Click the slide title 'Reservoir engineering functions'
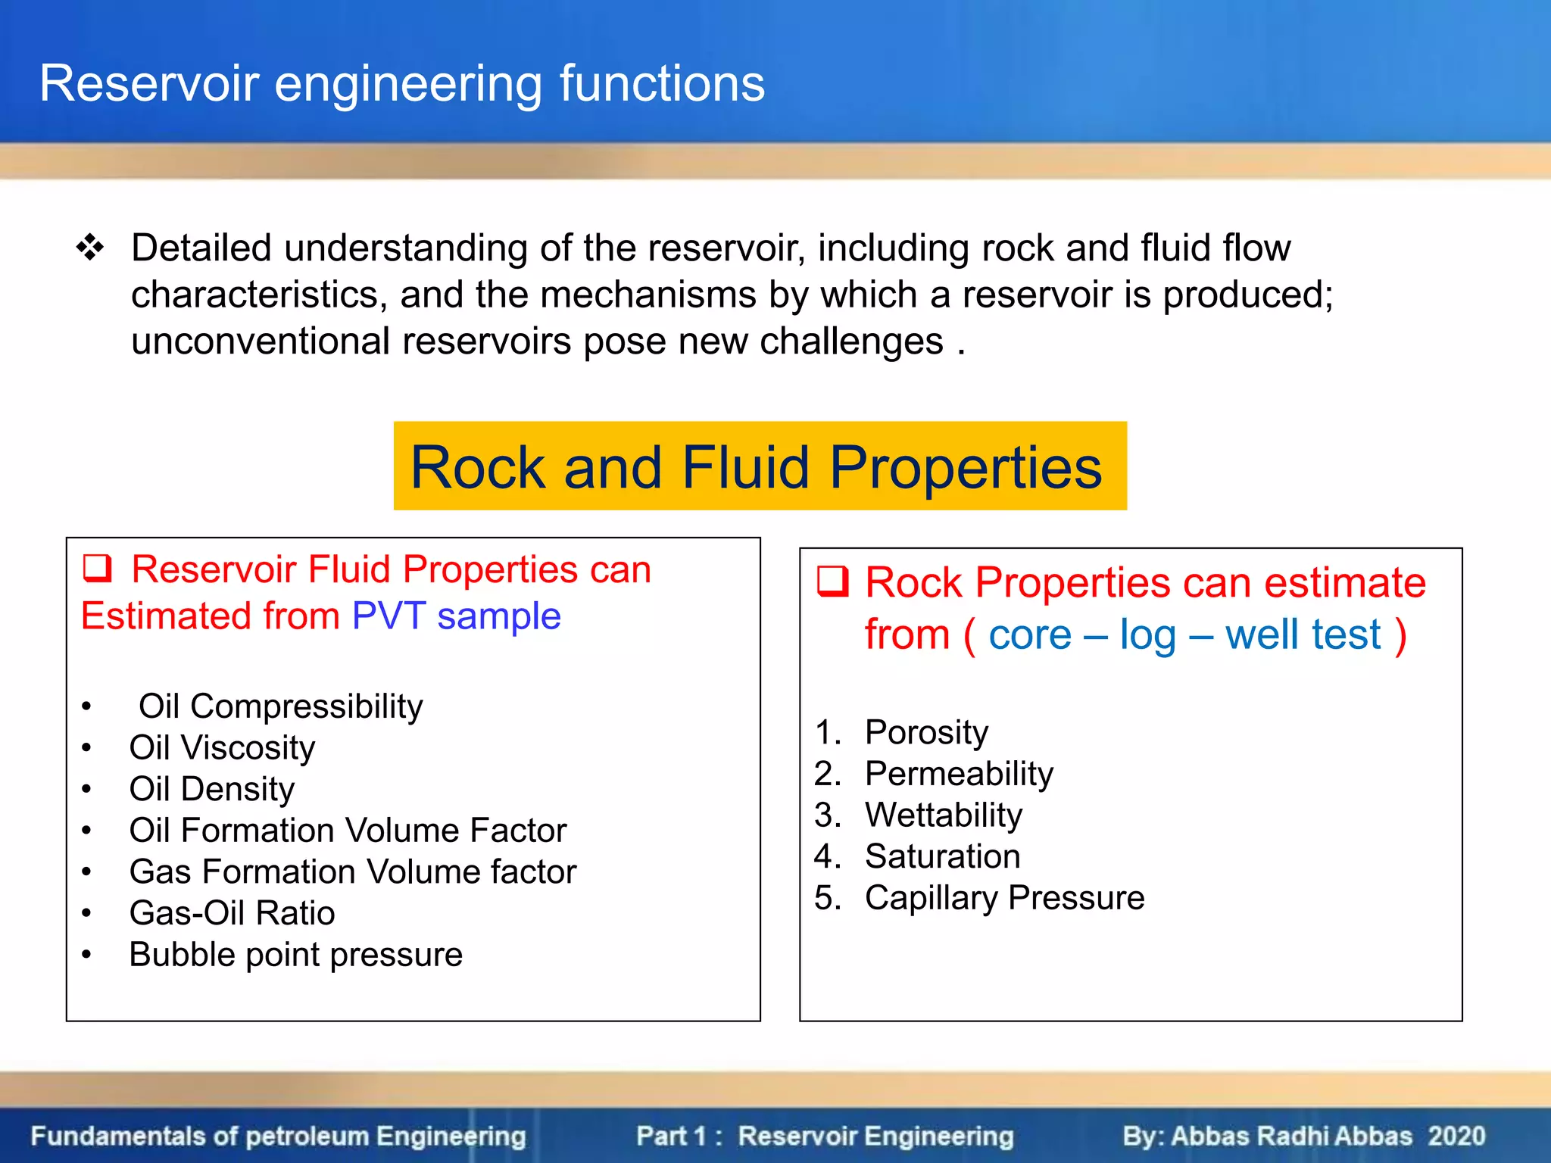402,83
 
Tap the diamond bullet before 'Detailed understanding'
90,248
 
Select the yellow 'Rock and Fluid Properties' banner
760,466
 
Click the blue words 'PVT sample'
457,616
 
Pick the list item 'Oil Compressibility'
280,706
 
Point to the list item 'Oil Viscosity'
222,748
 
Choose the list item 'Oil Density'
211,789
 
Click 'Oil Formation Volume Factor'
348,831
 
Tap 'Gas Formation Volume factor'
353,871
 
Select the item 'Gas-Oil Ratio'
232,913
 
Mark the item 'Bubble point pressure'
295,955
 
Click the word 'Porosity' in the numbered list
926,732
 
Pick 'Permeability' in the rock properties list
959,774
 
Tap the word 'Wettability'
944,815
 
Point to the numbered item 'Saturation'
942,856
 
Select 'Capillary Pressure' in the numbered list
1004,898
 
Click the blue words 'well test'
1303,635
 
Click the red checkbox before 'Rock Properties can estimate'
832,582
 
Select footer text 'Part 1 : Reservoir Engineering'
825,1136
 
